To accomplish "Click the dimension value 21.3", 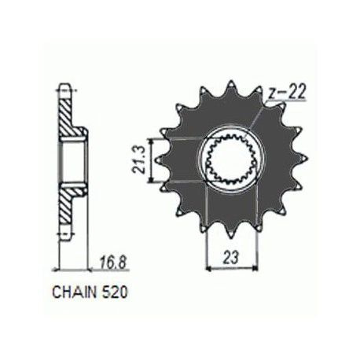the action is point(140,160).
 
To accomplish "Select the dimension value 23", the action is point(231,258).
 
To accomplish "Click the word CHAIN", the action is point(74,292).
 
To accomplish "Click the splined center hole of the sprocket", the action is point(230,160).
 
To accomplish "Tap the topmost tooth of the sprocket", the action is point(230,86).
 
